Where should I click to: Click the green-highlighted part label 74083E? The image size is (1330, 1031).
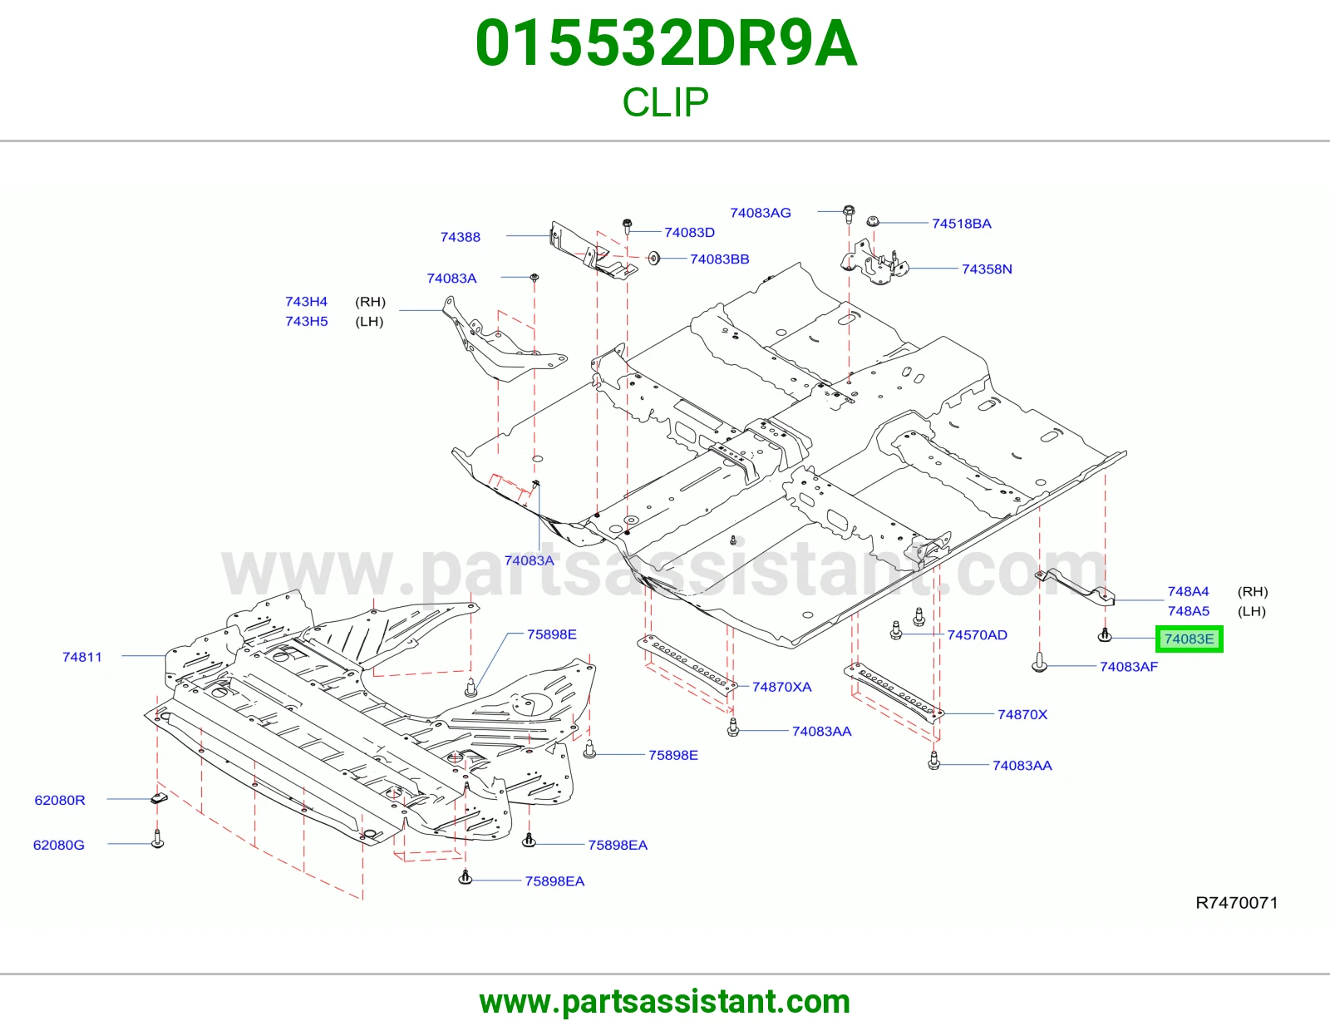click(1189, 639)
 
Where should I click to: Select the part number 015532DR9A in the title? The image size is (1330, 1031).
click(666, 43)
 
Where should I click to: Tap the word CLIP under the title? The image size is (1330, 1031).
click(665, 102)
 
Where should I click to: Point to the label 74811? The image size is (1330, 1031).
click(82, 657)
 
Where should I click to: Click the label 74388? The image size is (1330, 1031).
click(461, 237)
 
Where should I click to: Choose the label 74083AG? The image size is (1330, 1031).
click(760, 213)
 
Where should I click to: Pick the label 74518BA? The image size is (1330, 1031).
click(962, 224)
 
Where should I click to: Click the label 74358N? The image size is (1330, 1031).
click(987, 269)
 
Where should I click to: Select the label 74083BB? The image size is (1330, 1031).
click(719, 259)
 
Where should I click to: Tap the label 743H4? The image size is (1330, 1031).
click(306, 301)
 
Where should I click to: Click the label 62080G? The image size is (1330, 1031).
click(59, 845)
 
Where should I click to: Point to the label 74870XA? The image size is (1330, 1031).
click(781, 687)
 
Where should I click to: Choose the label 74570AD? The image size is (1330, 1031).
click(977, 635)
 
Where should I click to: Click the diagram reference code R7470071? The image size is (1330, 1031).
click(1237, 902)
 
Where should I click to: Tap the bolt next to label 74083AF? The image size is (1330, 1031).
click(1039, 663)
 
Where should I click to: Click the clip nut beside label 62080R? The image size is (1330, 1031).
click(159, 797)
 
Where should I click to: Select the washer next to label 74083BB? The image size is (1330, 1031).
click(654, 259)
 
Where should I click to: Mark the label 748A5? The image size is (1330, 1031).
click(1188, 611)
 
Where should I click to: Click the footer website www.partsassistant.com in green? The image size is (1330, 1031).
click(665, 1002)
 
